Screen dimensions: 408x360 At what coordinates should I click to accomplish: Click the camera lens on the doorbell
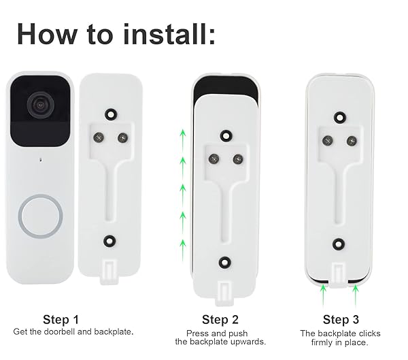coord(41,105)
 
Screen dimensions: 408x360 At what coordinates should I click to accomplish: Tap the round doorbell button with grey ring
coord(40,216)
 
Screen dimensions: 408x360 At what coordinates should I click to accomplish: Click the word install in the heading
coord(169,34)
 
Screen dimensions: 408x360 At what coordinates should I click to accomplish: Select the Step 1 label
coord(61,320)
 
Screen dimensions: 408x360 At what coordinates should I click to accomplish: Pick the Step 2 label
coord(220,320)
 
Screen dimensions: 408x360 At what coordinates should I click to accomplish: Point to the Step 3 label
coord(341,320)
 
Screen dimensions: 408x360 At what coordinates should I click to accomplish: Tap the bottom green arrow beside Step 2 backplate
coord(183,250)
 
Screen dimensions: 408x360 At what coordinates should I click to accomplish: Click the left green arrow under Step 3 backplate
coord(323,295)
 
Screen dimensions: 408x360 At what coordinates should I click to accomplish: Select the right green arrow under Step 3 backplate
coord(356,295)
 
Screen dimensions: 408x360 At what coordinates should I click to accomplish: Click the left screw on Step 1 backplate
coord(99,137)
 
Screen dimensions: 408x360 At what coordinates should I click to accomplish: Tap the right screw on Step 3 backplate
coord(352,141)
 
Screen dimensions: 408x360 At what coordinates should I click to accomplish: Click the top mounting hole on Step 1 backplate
coord(111,114)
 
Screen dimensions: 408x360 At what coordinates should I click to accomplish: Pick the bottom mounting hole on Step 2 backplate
coord(225,262)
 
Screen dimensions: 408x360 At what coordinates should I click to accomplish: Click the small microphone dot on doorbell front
coord(40,159)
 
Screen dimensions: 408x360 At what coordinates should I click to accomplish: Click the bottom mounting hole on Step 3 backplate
coord(339,244)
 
